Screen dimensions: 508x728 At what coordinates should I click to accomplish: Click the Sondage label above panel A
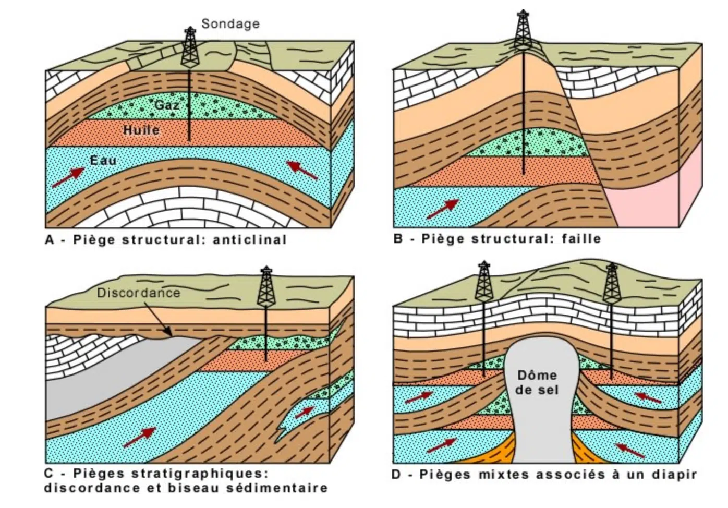point(230,23)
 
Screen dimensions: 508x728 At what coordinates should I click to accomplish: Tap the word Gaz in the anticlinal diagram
point(167,105)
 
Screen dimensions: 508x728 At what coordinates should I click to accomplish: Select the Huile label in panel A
point(141,130)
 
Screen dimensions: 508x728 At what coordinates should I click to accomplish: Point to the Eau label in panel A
point(103,160)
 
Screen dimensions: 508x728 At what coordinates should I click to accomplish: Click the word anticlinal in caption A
point(250,240)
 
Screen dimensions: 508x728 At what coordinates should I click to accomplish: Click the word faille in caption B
point(581,239)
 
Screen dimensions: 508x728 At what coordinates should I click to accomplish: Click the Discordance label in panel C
point(138,293)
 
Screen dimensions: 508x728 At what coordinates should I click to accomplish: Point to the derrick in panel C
point(266,287)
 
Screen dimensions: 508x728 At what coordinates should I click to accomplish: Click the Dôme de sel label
point(537,382)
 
